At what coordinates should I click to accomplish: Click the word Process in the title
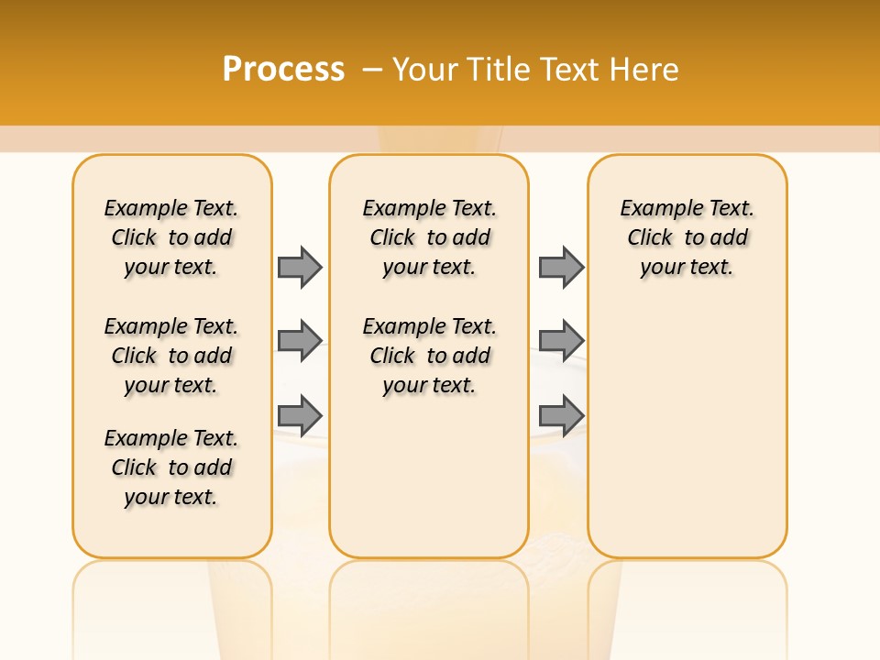[283, 70]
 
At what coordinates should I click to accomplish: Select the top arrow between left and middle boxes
[300, 267]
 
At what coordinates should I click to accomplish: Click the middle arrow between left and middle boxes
[300, 341]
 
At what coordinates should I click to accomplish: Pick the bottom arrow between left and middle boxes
[300, 415]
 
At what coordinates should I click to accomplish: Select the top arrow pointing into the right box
[561, 267]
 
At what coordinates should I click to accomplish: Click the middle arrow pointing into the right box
[561, 341]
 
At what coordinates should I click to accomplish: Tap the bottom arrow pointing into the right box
[561, 415]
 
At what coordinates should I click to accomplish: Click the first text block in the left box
[171, 237]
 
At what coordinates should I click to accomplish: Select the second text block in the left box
[171, 356]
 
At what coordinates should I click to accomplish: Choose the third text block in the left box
[171, 467]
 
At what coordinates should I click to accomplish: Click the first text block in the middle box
[430, 237]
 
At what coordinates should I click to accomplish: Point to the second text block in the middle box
[430, 356]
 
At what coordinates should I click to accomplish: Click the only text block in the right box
[687, 237]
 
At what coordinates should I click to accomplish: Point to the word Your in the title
[426, 70]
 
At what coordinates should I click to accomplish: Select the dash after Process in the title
[372, 70]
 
